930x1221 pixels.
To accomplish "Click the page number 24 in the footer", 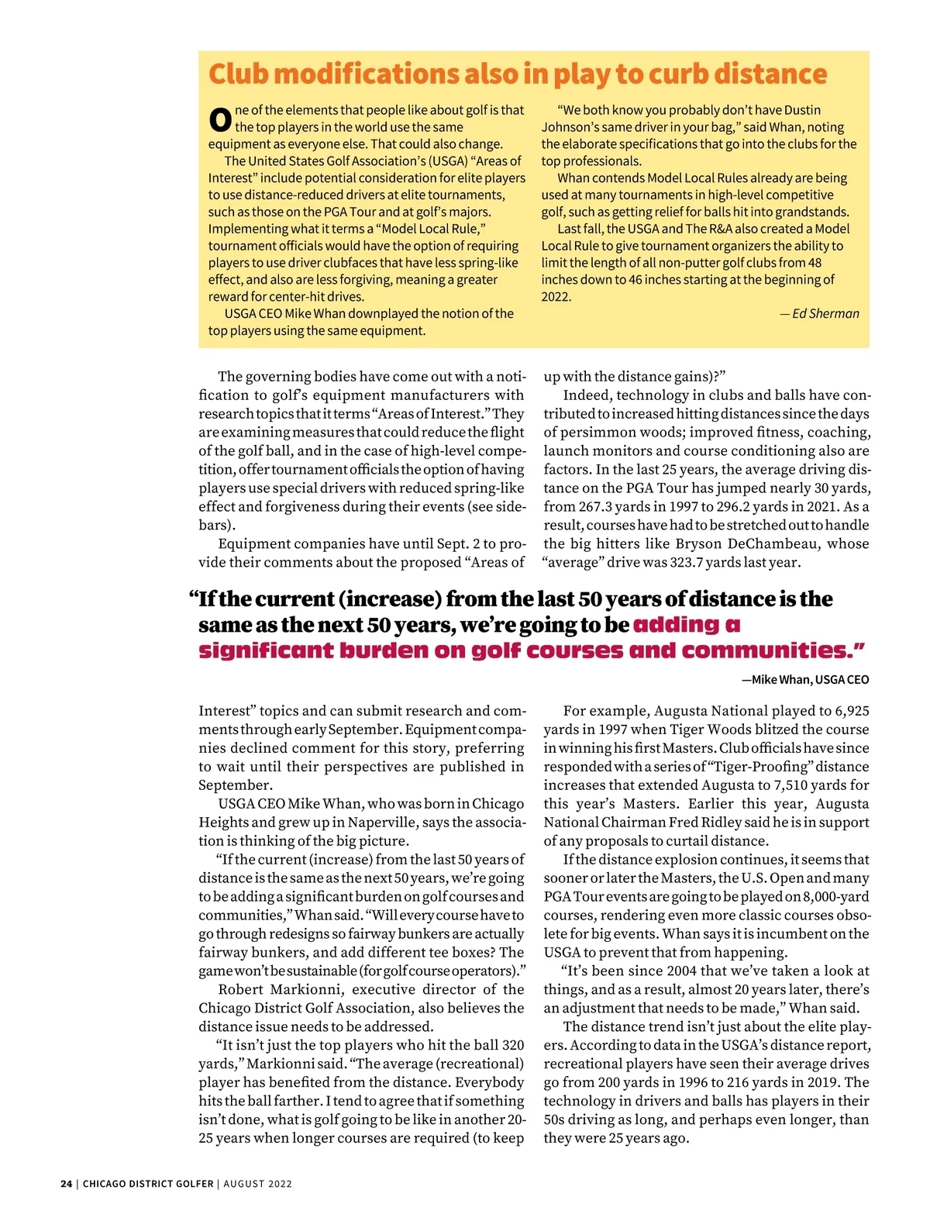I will (66, 1184).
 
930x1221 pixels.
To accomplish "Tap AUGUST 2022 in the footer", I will (258, 1184).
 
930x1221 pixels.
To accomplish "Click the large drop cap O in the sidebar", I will (220, 119).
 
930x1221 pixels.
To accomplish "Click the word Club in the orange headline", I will (239, 74).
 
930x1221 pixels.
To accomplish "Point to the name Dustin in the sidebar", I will (802, 110).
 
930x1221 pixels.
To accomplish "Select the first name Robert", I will (241, 990).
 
